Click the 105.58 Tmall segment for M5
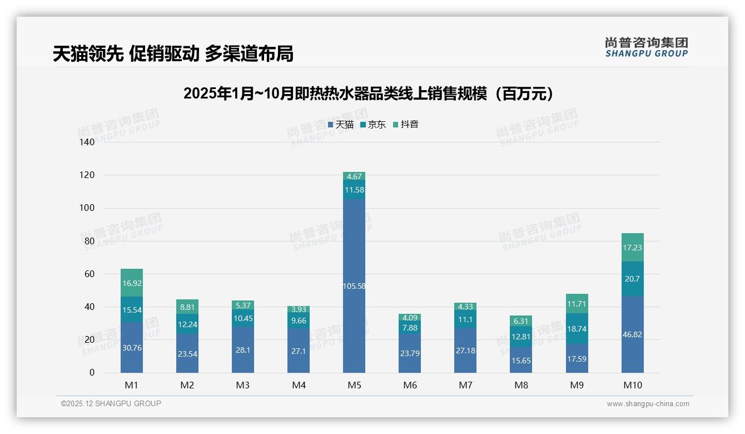click(x=354, y=286)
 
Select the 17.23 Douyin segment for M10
click(x=632, y=248)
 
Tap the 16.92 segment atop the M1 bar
click(x=132, y=283)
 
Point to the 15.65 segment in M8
click(x=521, y=360)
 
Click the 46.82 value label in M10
click(x=632, y=334)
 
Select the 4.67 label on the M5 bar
click(x=354, y=176)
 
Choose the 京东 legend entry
click(x=373, y=125)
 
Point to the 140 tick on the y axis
click(x=87, y=142)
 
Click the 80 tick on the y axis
click(x=90, y=241)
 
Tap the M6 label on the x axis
click(x=410, y=385)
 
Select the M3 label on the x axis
click(x=243, y=385)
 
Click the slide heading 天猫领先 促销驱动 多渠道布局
click(x=173, y=53)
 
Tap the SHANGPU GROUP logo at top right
click(x=646, y=47)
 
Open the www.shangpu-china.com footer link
click(x=648, y=404)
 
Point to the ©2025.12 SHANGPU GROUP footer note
click(x=111, y=404)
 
